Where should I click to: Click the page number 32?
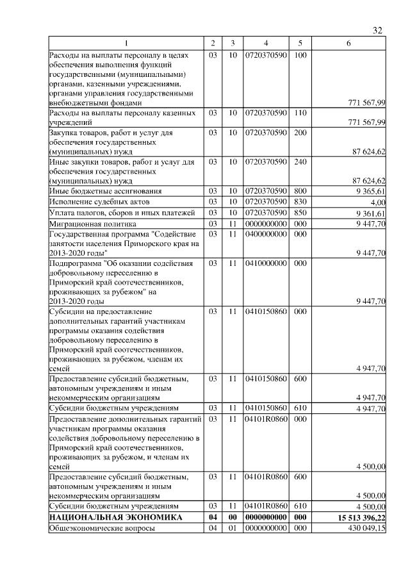point(377,31)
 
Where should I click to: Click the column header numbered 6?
point(348,43)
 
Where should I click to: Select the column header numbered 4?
point(265,43)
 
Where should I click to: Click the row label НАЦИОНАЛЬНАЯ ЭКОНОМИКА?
point(107,517)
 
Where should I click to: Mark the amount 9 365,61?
point(370,191)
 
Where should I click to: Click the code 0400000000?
point(265,235)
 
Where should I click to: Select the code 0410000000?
point(265,263)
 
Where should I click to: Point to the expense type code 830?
point(300,202)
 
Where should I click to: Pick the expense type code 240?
point(300,163)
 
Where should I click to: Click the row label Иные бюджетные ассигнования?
point(105,191)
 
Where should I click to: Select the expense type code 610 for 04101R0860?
point(300,506)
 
